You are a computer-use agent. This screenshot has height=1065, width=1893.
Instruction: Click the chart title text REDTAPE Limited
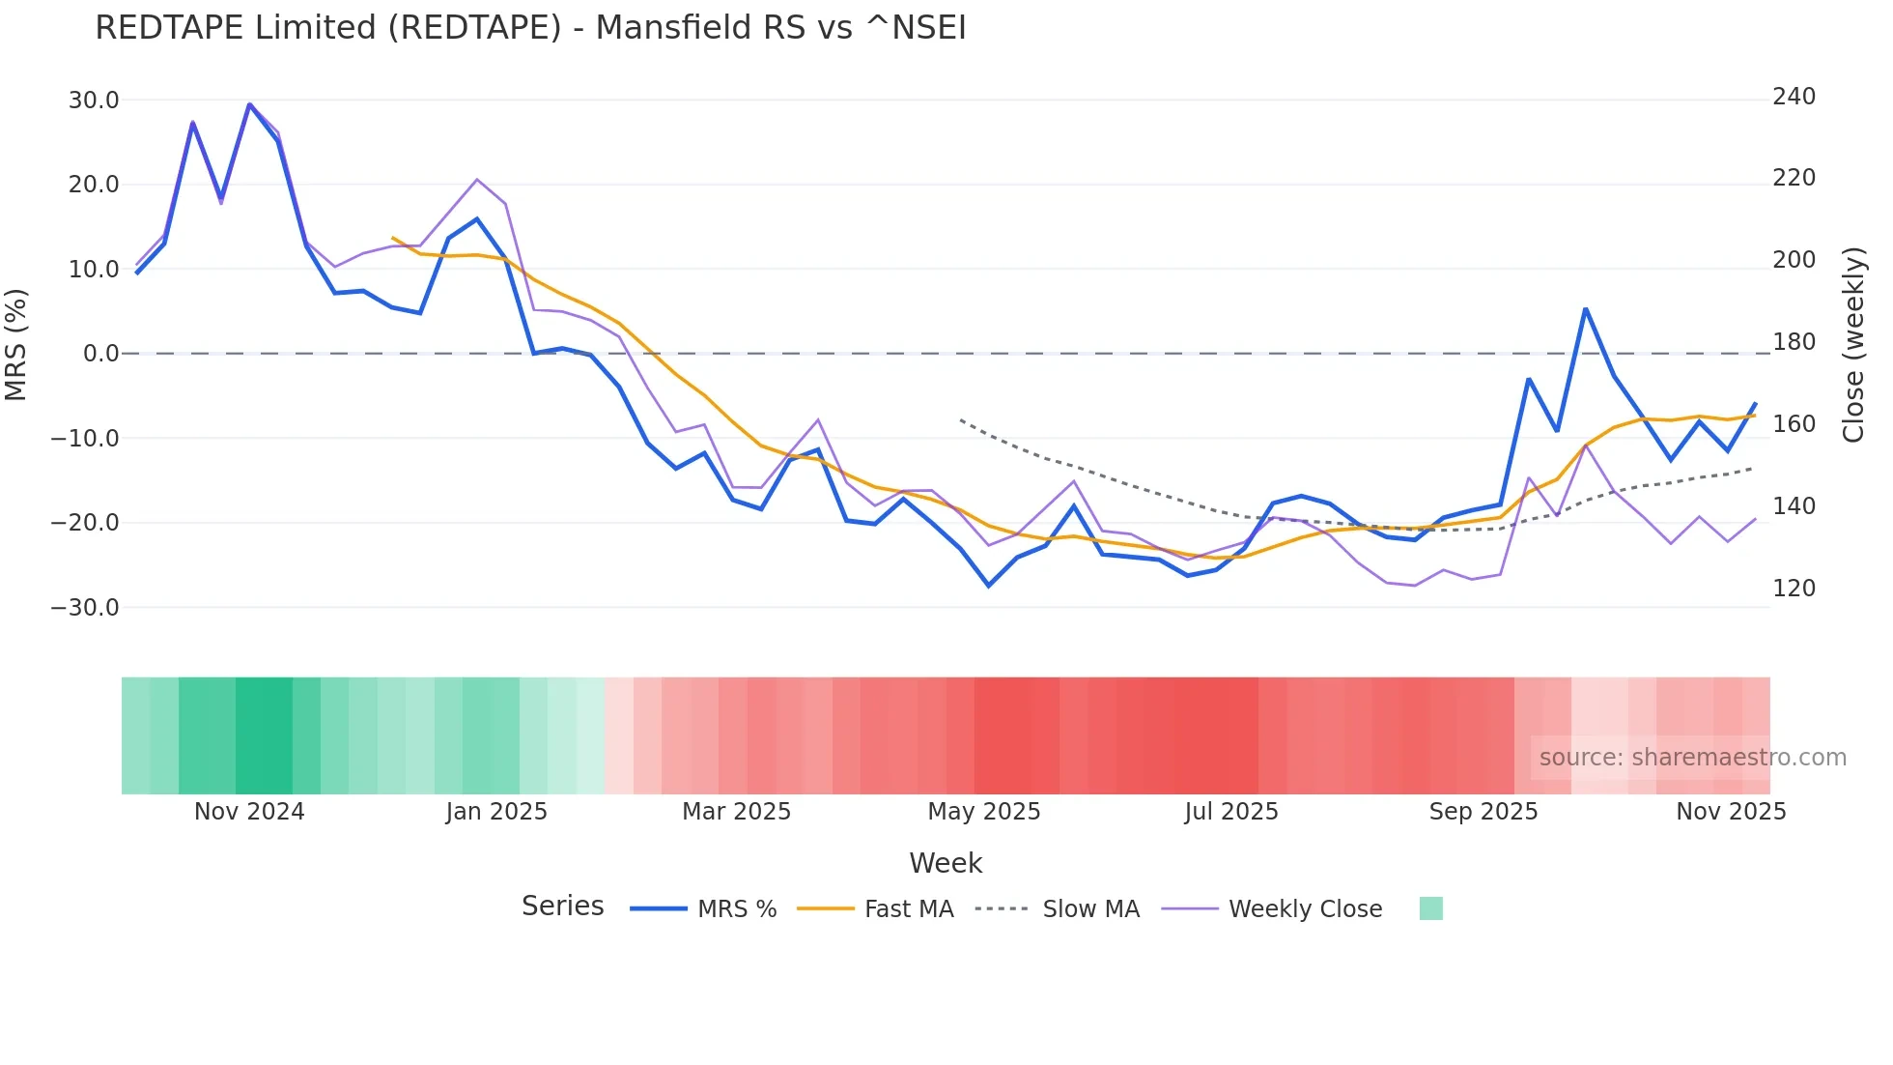pos(529,28)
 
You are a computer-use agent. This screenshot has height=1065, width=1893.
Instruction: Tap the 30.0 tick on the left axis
pos(94,101)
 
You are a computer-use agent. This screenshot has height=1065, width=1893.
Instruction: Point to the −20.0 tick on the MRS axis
pos(85,523)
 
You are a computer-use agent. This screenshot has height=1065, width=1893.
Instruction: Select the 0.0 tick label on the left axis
pos(100,354)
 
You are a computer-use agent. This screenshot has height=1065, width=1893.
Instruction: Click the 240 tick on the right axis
pos(1794,97)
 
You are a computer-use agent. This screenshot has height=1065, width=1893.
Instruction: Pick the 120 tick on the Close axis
pos(1794,589)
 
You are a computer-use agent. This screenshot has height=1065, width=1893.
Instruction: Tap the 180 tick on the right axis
pos(1794,342)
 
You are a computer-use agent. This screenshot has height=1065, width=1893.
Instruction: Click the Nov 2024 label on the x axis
pos(249,812)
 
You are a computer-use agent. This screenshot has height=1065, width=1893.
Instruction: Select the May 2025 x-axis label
pos(984,812)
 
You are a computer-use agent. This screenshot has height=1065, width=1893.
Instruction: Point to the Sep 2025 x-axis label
pos(1483,812)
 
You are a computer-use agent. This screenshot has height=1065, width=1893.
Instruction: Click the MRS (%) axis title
pos(16,344)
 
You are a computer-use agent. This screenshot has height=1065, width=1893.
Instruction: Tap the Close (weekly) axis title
pos(1852,345)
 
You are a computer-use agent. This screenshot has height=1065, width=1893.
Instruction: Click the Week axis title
pos(946,863)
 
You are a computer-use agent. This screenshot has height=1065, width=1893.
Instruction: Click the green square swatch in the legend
pos(1430,908)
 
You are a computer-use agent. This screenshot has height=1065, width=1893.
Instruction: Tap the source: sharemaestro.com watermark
pos(1692,758)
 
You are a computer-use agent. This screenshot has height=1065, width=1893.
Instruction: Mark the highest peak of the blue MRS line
pos(249,104)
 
